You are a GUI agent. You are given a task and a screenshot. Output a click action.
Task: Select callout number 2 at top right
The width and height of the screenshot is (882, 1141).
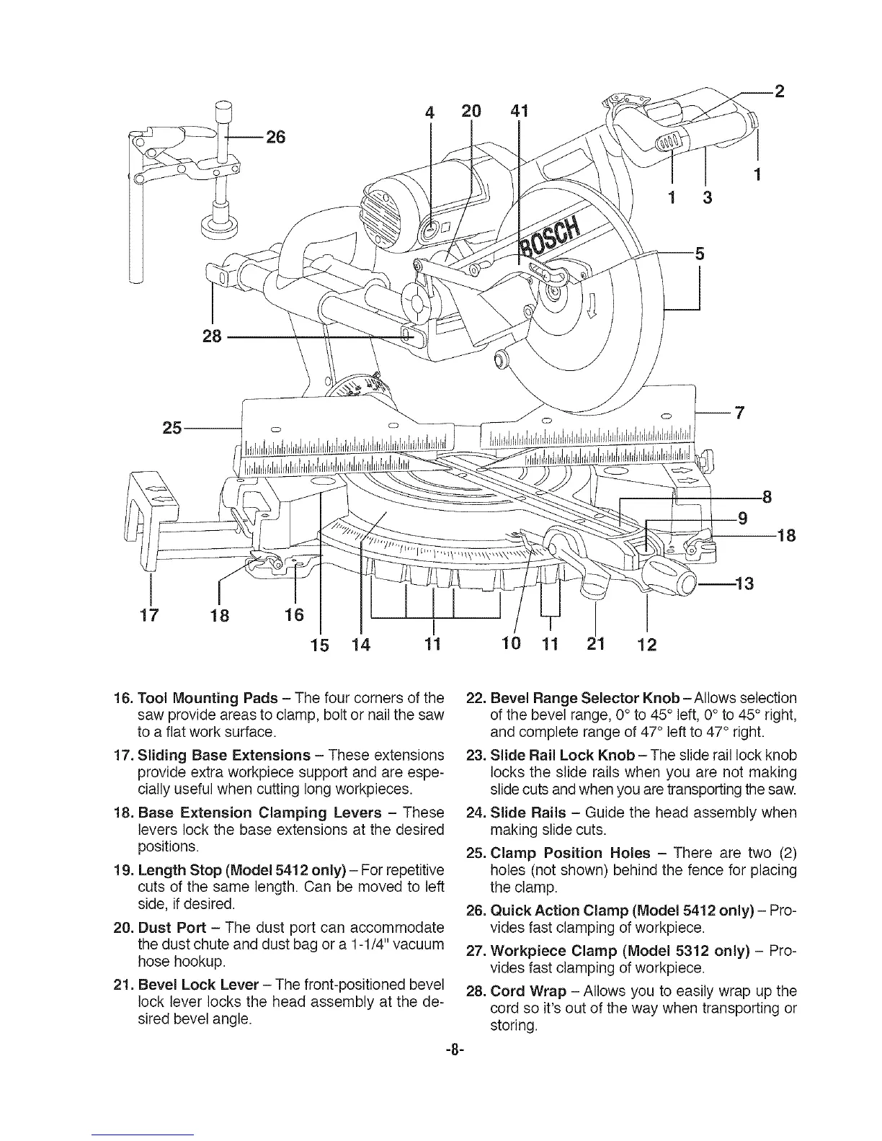pos(778,91)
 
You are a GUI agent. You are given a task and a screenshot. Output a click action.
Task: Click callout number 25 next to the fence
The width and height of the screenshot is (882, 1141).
pos(172,429)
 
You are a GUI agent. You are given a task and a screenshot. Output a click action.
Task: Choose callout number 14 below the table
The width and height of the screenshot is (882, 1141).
pos(360,643)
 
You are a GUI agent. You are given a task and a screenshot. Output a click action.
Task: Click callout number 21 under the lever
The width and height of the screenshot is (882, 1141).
pos(595,643)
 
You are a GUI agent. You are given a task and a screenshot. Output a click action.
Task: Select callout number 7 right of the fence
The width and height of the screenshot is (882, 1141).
pos(738,413)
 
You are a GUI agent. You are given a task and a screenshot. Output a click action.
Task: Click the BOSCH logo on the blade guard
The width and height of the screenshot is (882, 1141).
pos(551,235)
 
